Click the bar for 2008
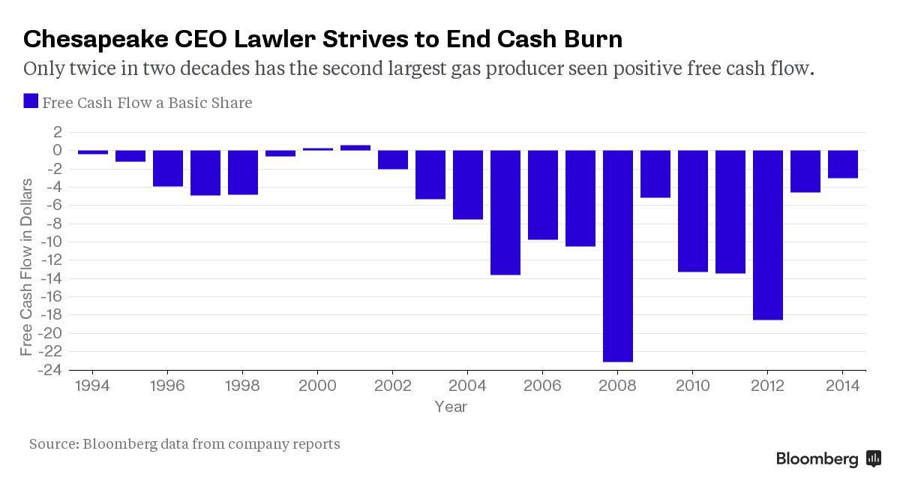pyautogui.click(x=617, y=256)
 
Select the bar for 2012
pyautogui.click(x=767, y=235)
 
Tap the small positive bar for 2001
pyautogui.click(x=355, y=148)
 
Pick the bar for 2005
pyautogui.click(x=505, y=212)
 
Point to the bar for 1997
pyautogui.click(x=205, y=173)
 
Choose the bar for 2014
pyautogui.click(x=842, y=164)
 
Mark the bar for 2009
pyautogui.click(x=655, y=173)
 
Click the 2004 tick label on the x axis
pyautogui.click(x=467, y=385)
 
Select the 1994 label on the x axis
pyautogui.click(x=93, y=385)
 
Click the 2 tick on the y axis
pyautogui.click(x=56, y=132)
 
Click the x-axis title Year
pyautogui.click(x=451, y=407)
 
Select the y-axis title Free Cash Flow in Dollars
pyautogui.click(x=27, y=266)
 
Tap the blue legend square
pyautogui.click(x=31, y=101)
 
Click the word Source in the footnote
pyautogui.click(x=53, y=443)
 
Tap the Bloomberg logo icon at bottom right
pyautogui.click(x=873, y=458)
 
